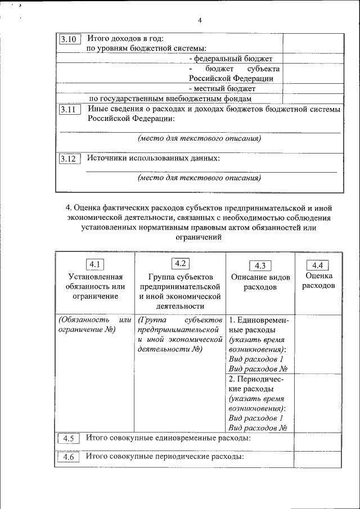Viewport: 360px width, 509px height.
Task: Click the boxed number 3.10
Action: point(70,39)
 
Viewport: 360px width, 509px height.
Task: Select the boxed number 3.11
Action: point(70,110)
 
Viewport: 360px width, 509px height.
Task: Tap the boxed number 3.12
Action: point(70,159)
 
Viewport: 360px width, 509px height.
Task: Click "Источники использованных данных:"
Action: point(153,158)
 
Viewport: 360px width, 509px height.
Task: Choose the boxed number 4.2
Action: point(180,263)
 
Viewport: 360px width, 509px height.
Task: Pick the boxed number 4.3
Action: point(260,266)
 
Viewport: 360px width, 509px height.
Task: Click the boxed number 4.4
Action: point(317,265)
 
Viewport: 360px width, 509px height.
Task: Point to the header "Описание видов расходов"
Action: point(260,282)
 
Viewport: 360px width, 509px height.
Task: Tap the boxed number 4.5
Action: point(69,439)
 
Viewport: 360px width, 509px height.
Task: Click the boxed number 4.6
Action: point(69,457)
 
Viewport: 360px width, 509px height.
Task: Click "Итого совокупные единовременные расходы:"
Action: point(168,438)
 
